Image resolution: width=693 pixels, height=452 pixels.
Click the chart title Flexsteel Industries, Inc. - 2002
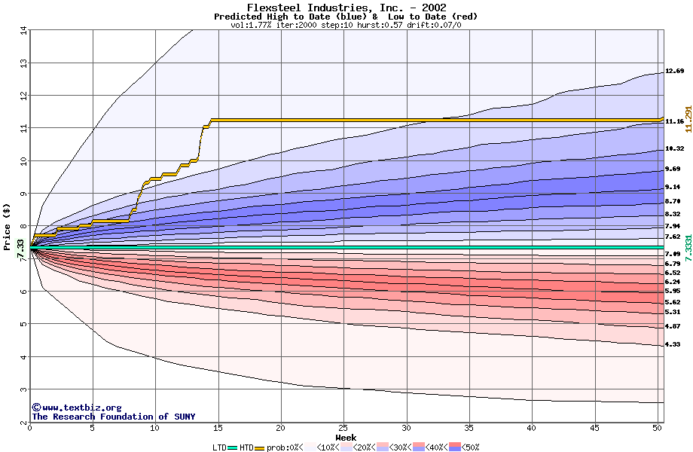[346, 8]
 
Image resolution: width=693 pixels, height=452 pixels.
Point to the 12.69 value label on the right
[674, 71]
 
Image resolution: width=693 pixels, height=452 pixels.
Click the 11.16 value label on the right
[674, 121]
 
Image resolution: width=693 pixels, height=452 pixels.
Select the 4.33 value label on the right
[673, 344]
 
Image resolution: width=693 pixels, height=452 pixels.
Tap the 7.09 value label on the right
[673, 255]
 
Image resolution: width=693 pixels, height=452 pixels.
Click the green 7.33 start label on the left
[20, 249]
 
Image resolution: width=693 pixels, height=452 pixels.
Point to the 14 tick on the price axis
[23, 30]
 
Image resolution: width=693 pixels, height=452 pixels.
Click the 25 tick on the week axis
[343, 428]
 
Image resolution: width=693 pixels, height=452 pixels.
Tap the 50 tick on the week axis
[657, 428]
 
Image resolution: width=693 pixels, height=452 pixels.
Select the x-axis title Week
[346, 437]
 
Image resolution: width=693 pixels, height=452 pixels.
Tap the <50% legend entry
[468, 447]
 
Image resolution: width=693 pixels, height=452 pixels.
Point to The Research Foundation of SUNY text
[113, 417]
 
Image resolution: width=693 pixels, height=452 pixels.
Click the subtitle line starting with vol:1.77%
[346, 25]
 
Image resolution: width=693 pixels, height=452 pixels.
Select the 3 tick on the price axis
[23, 389]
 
